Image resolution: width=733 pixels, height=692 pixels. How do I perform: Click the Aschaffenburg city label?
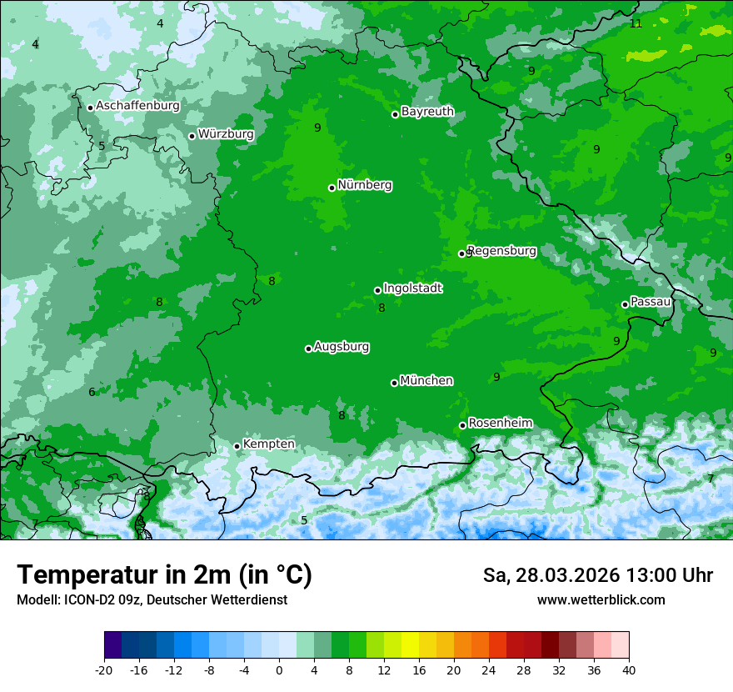click(x=137, y=106)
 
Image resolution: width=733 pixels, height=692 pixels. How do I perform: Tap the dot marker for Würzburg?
click(x=192, y=136)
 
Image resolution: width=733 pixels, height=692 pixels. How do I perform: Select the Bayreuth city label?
click(x=427, y=111)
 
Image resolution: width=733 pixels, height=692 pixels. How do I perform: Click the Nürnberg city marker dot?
click(x=332, y=188)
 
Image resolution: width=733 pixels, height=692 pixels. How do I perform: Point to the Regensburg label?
click(x=501, y=250)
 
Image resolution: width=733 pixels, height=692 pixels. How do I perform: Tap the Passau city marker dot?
click(x=625, y=304)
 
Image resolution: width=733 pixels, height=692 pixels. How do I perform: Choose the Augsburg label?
click(x=342, y=346)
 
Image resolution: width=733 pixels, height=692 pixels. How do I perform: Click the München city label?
click(x=426, y=380)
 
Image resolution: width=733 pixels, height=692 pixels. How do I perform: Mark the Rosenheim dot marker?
click(x=462, y=426)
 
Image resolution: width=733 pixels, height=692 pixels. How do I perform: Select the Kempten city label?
click(x=268, y=444)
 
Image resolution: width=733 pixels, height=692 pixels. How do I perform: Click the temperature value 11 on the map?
click(x=636, y=23)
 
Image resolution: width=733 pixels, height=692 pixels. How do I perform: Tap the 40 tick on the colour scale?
click(x=628, y=669)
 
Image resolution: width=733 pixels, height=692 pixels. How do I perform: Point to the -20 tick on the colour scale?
click(x=104, y=669)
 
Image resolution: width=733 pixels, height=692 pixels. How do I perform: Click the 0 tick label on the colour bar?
click(x=279, y=669)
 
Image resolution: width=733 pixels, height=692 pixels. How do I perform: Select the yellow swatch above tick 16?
click(x=410, y=645)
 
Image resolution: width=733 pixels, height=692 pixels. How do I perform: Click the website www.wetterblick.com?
click(x=601, y=599)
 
